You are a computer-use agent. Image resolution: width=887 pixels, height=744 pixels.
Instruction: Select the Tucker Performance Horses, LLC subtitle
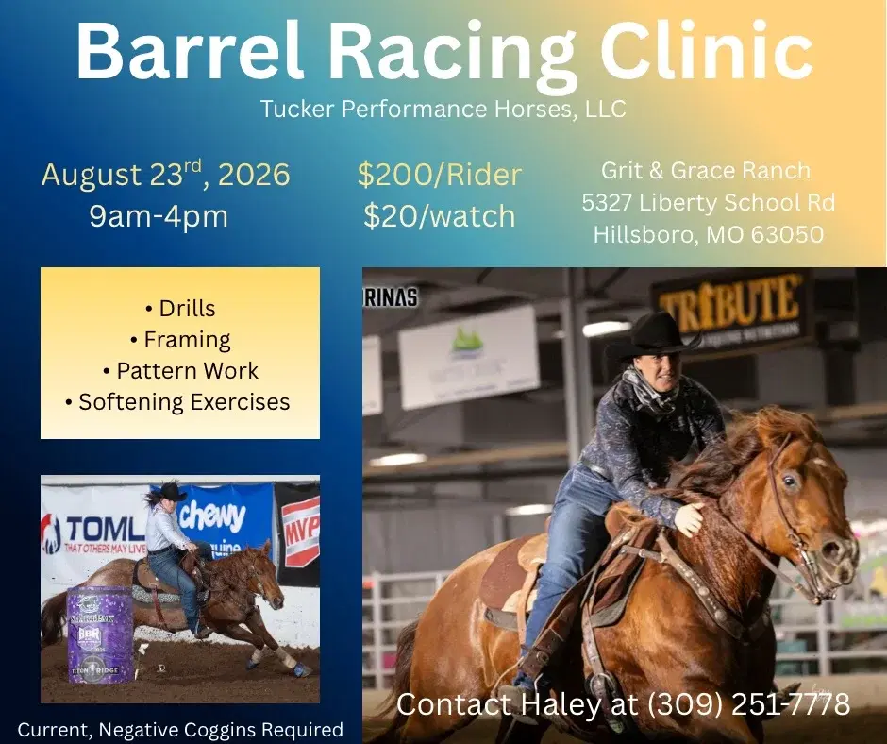443,109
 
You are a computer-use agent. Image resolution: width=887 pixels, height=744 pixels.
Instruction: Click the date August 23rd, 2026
165,175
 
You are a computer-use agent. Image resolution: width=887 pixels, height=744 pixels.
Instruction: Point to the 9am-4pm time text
159,216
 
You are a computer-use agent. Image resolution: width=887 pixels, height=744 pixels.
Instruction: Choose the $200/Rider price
439,175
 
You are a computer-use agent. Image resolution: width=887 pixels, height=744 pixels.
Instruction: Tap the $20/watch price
439,216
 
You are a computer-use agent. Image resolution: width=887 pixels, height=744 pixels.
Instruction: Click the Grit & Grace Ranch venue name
706,171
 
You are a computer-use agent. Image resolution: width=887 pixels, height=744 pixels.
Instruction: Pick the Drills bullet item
180,309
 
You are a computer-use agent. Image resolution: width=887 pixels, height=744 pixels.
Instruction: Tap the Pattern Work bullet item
180,371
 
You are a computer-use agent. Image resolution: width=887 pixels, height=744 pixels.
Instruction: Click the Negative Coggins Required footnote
179,730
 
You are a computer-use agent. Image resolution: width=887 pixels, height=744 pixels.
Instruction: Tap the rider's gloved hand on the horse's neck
688,518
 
